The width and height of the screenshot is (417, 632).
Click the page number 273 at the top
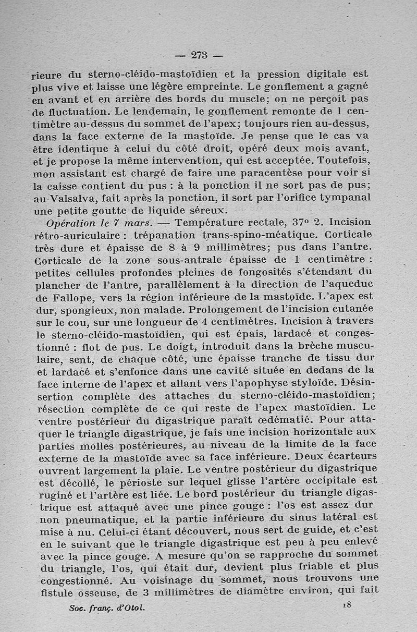[200, 55]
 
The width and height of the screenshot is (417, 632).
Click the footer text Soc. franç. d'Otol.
[107, 608]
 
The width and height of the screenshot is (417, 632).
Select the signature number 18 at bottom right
[348, 604]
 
